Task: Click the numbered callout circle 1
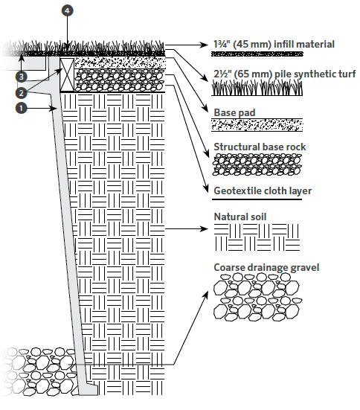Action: tap(22, 108)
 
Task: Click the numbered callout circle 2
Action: tap(21, 92)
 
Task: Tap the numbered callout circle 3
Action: tap(21, 77)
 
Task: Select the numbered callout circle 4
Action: tap(67, 10)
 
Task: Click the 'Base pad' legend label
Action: tap(234, 112)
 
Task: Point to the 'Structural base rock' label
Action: tap(260, 147)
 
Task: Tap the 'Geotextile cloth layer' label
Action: tap(263, 191)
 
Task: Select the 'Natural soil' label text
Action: tap(240, 217)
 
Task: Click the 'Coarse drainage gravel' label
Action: tap(266, 267)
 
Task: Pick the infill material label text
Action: tap(274, 44)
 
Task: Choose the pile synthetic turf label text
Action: tap(284, 74)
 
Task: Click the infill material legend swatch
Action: tap(257, 54)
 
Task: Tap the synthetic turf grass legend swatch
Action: tap(257, 88)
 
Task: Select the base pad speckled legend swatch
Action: tap(257, 125)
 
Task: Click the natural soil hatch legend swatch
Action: tap(257, 237)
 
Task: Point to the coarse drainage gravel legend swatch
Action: tap(257, 297)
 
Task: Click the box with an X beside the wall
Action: tap(67, 74)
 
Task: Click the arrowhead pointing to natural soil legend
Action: tap(204, 229)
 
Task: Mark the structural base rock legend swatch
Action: tap(257, 164)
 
